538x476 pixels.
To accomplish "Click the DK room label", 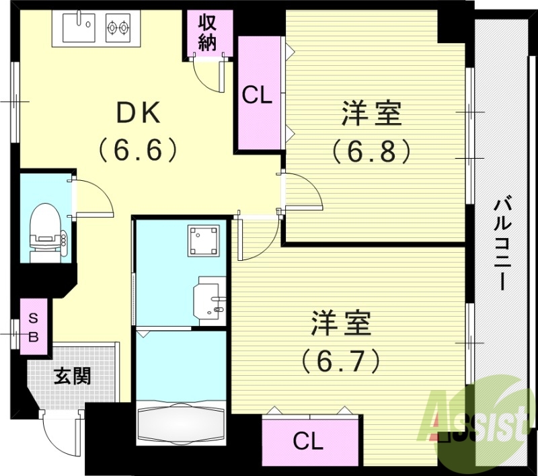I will (x=139, y=113).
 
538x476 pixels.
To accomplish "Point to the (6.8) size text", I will (x=371, y=152).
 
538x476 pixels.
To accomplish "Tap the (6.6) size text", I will (x=139, y=149).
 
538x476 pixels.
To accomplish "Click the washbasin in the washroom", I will (x=210, y=300).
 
